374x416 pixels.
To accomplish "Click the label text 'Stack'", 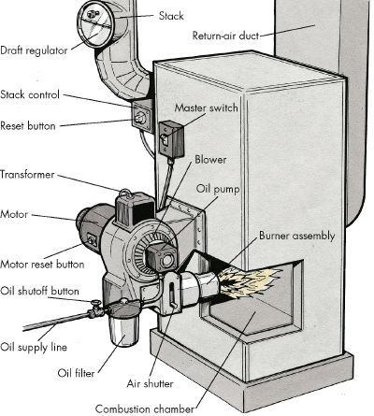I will pyautogui.click(x=171, y=17).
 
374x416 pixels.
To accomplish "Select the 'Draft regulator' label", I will pyautogui.click(x=35, y=51).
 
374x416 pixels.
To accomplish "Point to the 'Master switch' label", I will pyautogui.click(x=200, y=108).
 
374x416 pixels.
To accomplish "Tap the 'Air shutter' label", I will pyautogui.click(x=148, y=381).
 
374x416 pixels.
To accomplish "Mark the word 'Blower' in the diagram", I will pyautogui.click(x=210, y=160).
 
